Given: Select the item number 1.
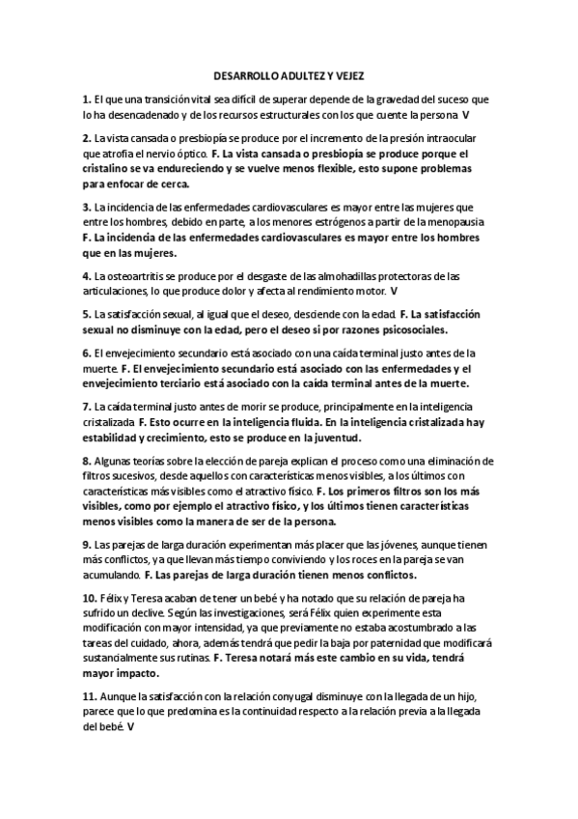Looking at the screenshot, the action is (86, 99).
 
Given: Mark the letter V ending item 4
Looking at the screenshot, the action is (394, 290).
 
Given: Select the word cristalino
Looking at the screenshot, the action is (111, 167).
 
